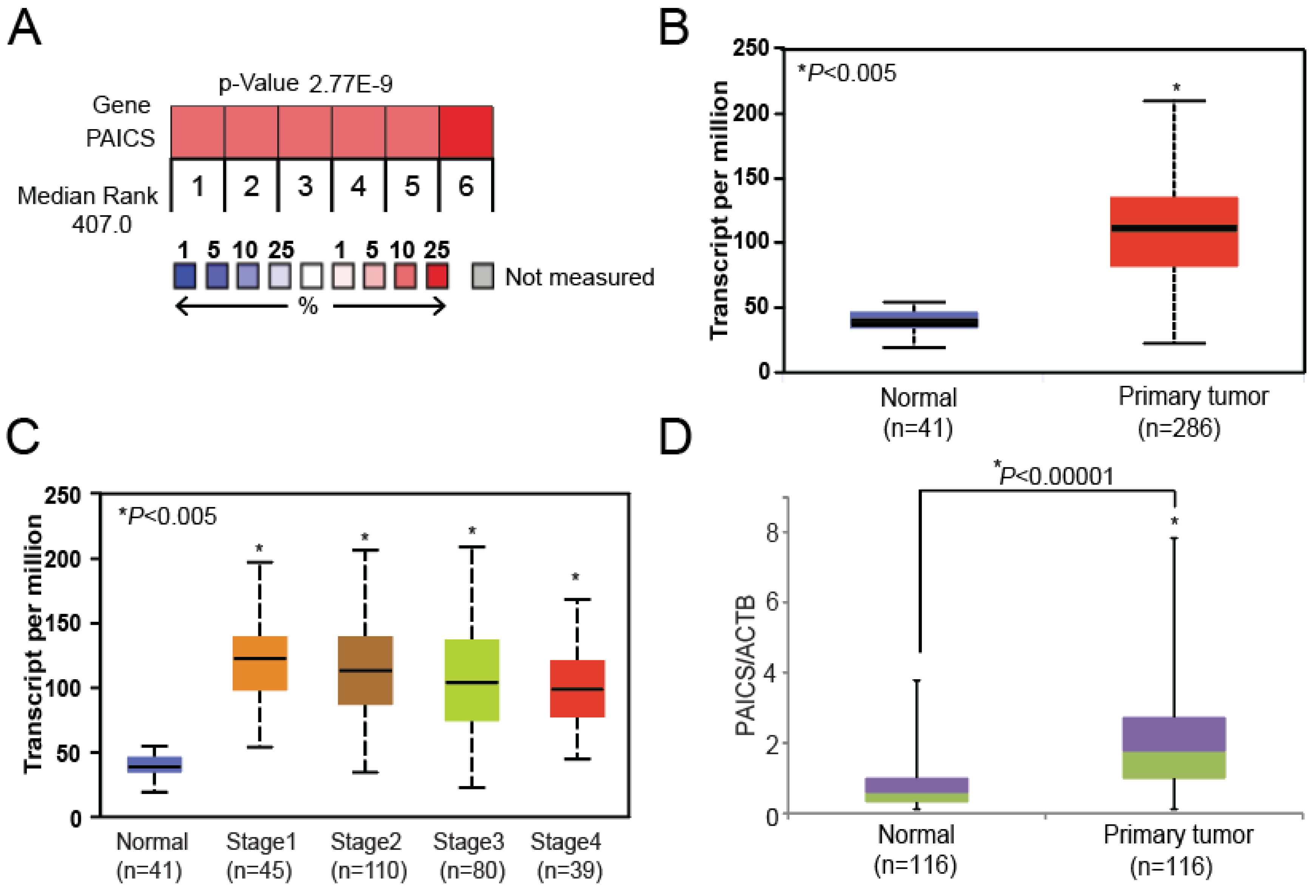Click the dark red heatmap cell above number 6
pyautogui.click(x=466, y=131)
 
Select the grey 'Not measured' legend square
pyautogui.click(x=482, y=276)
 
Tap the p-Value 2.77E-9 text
pyautogui.click(x=305, y=83)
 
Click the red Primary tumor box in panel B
pyautogui.click(x=1174, y=231)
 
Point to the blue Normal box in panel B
pyautogui.click(x=914, y=320)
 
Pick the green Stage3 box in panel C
pyautogui.click(x=471, y=680)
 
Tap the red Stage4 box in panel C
pyautogui.click(x=577, y=688)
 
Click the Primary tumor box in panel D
pyautogui.click(x=1174, y=748)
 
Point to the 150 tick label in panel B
pyautogui.click(x=751, y=178)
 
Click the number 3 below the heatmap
pyautogui.click(x=305, y=186)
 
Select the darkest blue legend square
pyautogui.click(x=185, y=276)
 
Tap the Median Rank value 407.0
pyautogui.click(x=102, y=225)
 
